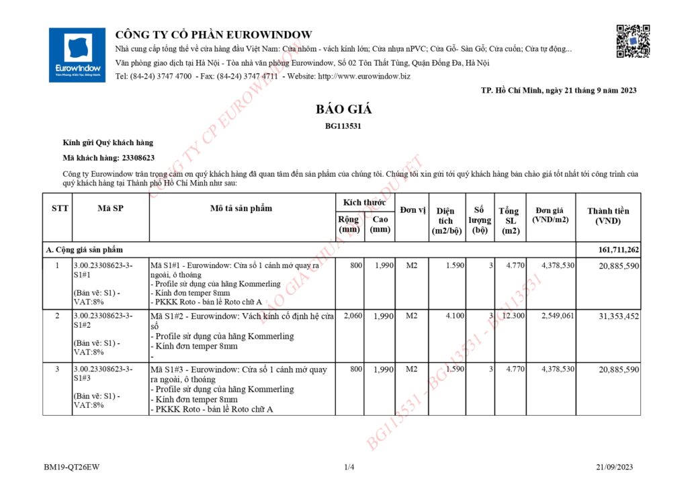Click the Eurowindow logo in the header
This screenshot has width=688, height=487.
click(x=77, y=55)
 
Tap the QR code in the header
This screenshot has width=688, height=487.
click(x=633, y=41)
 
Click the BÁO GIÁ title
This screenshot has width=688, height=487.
click(x=343, y=109)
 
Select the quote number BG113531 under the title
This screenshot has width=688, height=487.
click(x=343, y=126)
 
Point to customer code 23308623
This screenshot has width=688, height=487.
click(x=138, y=158)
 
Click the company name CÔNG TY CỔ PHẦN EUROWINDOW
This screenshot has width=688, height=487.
click(x=214, y=35)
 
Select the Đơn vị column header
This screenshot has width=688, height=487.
click(x=413, y=210)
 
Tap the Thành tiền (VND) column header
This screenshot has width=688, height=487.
click(x=608, y=216)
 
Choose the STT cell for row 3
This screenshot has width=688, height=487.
click(x=57, y=369)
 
